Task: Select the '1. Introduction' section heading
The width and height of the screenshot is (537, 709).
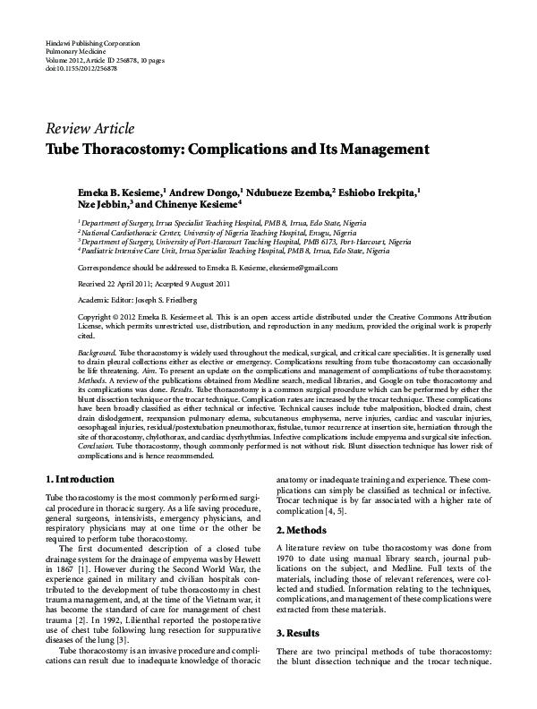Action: click(x=80, y=479)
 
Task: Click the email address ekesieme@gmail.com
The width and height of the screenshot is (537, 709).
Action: click(x=300, y=268)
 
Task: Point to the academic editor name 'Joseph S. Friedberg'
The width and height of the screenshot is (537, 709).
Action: click(x=164, y=300)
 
